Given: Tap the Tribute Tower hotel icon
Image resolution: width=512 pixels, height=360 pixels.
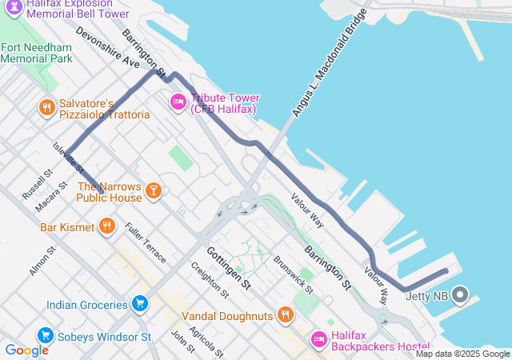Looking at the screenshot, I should tap(177, 102).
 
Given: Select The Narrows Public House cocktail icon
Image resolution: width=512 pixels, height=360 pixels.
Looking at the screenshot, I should tap(153, 190).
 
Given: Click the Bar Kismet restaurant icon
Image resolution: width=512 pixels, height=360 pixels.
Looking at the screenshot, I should tap(107, 227).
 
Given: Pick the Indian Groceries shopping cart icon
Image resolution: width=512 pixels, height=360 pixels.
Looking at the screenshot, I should tap(140, 304).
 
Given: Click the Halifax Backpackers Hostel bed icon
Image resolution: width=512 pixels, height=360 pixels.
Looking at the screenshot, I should tap(318, 339).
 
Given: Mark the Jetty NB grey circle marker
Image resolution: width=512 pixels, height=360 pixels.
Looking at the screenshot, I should tap(460, 295).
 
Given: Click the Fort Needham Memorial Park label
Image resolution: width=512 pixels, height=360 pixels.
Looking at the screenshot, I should tap(37, 53).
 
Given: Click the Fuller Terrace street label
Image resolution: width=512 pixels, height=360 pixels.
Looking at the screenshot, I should tap(146, 243).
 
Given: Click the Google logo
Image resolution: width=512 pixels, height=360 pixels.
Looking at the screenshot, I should tap(26, 350).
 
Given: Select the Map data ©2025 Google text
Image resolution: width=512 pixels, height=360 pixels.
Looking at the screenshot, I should tap(462, 354).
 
